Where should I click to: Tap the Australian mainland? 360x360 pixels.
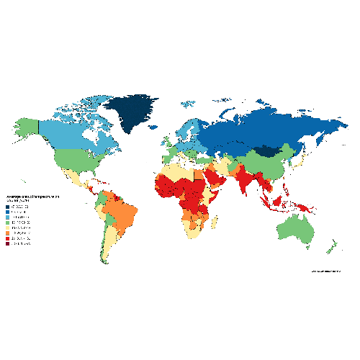[296, 230]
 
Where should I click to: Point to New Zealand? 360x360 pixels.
[330, 248]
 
